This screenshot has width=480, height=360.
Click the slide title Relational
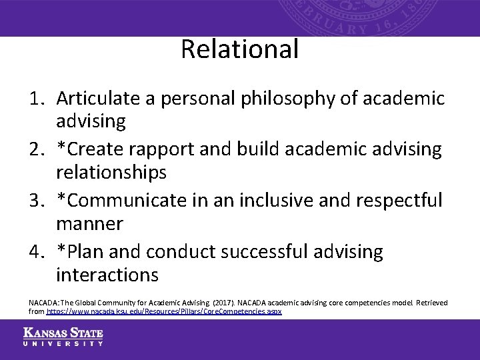(x=239, y=49)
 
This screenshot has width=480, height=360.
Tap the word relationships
(x=111, y=173)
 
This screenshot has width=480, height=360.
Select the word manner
(x=89, y=223)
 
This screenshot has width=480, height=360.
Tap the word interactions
(x=107, y=275)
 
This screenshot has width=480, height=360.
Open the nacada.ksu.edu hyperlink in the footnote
(x=164, y=311)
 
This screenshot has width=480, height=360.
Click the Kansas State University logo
(x=63, y=337)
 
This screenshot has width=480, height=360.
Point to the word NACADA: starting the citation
(x=44, y=303)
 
